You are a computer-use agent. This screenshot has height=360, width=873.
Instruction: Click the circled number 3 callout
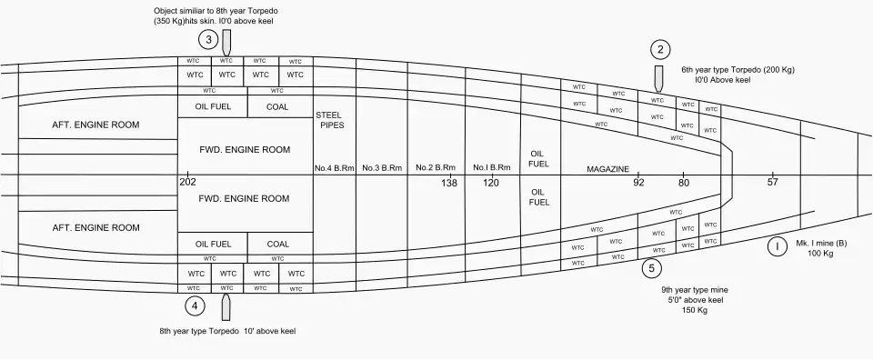coord(208,40)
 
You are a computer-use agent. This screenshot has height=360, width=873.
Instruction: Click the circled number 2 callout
coord(660,50)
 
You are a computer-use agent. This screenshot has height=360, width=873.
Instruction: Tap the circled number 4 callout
coord(195,305)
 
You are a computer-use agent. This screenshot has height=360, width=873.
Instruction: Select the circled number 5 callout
coord(651,269)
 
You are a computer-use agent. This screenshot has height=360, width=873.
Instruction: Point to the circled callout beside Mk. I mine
coord(777,246)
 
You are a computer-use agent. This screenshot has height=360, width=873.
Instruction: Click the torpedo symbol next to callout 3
coord(226,43)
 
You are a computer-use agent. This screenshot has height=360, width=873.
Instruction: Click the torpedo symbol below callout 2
coord(658,79)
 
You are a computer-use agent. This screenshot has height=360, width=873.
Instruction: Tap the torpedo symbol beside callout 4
coord(226,307)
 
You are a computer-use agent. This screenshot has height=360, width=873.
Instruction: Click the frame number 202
coord(188,182)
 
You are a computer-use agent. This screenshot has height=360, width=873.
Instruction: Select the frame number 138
coord(449,183)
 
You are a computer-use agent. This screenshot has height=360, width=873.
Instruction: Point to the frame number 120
coord(491,183)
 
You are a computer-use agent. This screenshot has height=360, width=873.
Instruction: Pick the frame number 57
coord(772,182)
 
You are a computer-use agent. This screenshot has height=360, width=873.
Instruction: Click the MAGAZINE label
coord(608,169)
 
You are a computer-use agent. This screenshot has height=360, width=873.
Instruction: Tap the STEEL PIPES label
coord(330,120)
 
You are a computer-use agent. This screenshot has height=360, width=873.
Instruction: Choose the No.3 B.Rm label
coord(382,167)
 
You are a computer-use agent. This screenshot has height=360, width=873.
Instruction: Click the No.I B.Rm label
coord(492,167)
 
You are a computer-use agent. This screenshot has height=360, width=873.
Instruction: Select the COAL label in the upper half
coord(277,107)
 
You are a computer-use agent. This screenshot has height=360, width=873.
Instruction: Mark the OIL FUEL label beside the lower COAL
coord(213,244)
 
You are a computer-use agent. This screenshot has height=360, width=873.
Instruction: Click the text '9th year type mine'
coord(695,290)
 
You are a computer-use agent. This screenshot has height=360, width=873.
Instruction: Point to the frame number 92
coord(638,183)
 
